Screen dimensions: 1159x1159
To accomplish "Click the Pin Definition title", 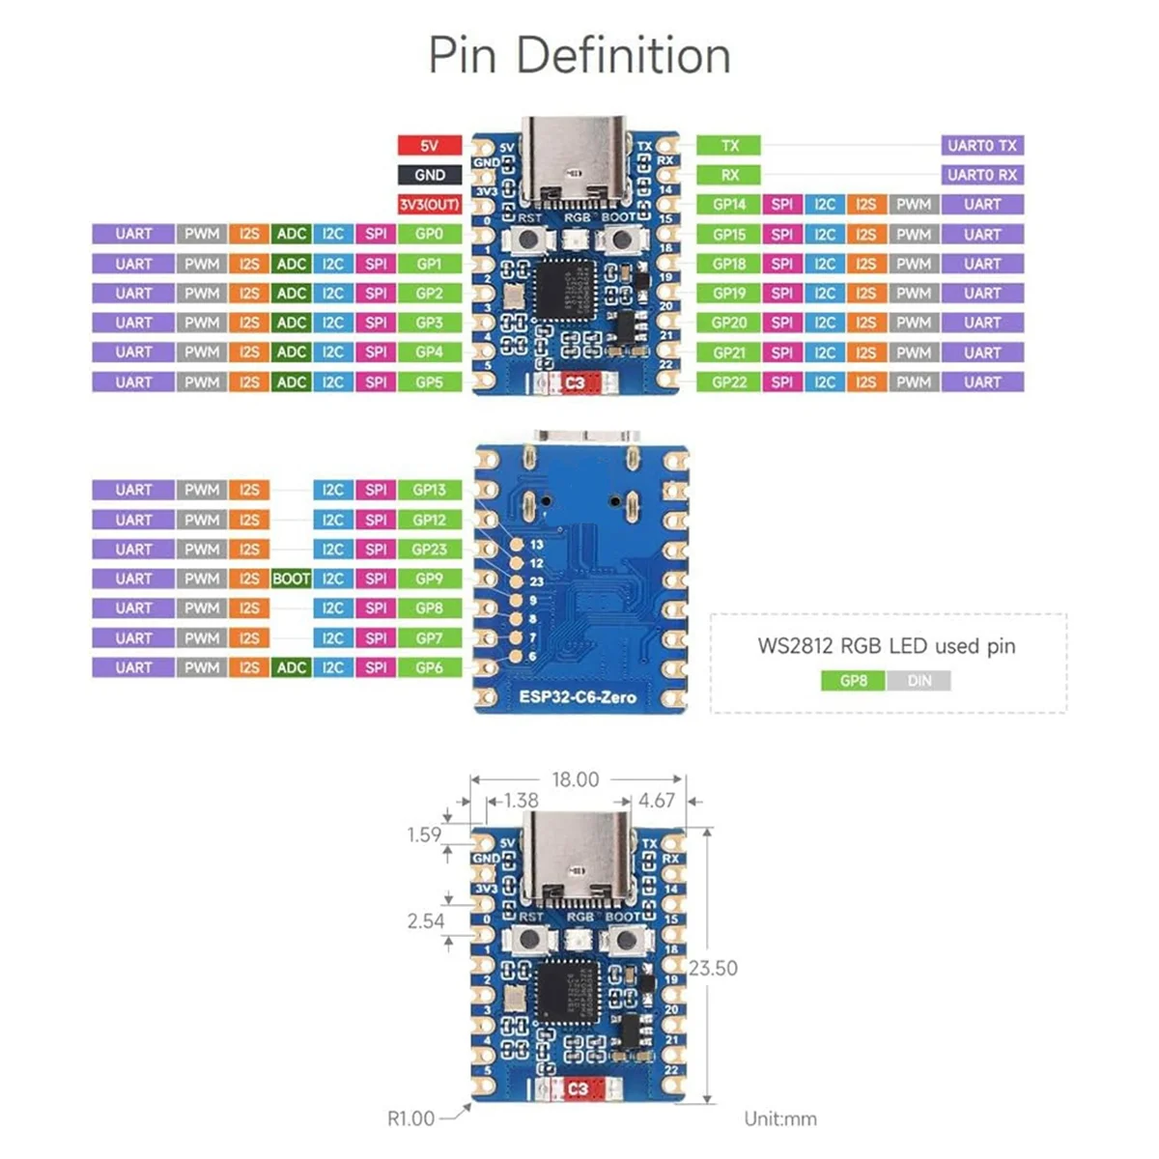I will tap(579, 56).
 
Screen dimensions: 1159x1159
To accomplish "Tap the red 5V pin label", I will tap(429, 146).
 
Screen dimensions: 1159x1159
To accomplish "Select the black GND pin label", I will tap(429, 175).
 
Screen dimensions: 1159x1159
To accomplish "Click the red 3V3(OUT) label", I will tap(429, 205).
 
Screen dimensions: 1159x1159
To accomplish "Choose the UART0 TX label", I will tap(981, 146).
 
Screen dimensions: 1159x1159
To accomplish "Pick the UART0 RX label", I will tap(981, 175).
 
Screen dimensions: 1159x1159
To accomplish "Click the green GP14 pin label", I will tap(729, 205).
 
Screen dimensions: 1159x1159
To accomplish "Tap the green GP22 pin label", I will tap(729, 382).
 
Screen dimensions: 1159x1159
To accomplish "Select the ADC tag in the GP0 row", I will tap(291, 234).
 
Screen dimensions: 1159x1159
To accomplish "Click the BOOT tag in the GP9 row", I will tap(291, 579).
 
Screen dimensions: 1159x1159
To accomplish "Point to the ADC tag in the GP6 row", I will tap(291, 667).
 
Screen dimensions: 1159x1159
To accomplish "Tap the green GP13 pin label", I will tap(429, 490).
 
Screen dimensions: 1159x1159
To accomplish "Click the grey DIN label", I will tap(919, 681).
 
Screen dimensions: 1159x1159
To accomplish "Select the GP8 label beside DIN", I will tap(853, 681).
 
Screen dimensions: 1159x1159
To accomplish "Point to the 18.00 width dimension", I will tap(575, 779).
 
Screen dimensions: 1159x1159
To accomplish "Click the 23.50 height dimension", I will tap(713, 968).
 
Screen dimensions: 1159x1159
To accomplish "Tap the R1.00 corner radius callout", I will tap(410, 1118).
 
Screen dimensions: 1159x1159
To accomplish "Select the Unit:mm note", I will tap(779, 1118).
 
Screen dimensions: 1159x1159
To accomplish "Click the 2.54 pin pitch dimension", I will tap(425, 921).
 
